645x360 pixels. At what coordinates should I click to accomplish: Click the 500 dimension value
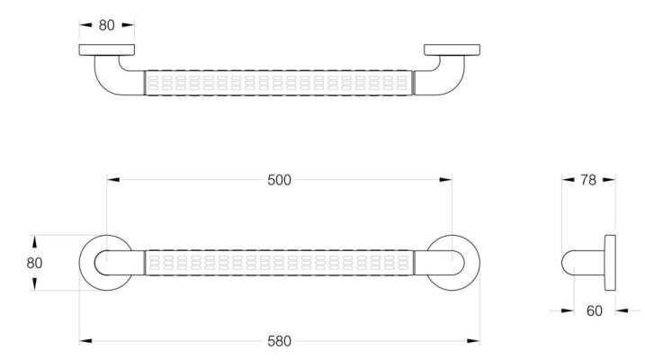[279, 180]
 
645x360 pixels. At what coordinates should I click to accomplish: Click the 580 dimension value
[279, 341]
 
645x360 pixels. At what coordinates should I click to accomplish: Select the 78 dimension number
[588, 180]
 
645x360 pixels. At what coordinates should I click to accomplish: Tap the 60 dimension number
[595, 310]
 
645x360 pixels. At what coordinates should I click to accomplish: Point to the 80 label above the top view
[106, 25]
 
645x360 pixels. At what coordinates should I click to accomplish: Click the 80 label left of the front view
[34, 263]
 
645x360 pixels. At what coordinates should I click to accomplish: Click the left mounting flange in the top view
[106, 49]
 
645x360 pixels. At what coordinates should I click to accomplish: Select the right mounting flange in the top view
[452, 49]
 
